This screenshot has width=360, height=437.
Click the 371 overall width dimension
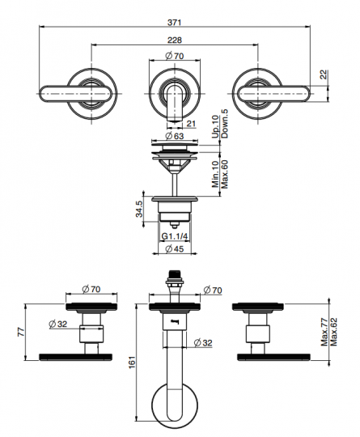[x=174, y=23]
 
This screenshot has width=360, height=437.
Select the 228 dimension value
[x=175, y=40]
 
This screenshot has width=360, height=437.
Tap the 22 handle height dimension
[x=324, y=74]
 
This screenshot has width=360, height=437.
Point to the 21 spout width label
[x=191, y=124]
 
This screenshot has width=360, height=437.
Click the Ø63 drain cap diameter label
[x=175, y=136]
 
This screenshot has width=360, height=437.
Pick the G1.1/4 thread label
[x=175, y=236]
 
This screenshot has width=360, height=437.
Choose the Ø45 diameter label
[x=175, y=249]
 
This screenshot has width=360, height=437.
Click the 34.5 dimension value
[x=139, y=209]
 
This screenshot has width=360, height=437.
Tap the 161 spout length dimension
[x=132, y=362]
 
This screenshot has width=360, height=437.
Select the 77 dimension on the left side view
[x=22, y=333]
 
